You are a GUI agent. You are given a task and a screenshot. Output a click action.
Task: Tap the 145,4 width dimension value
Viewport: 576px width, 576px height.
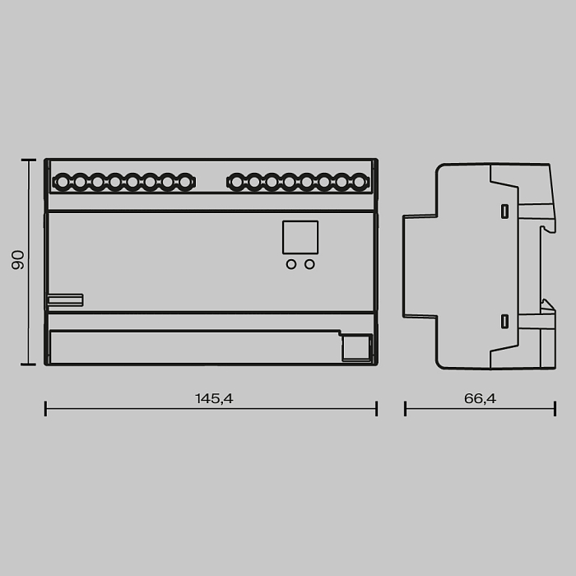tap(214, 398)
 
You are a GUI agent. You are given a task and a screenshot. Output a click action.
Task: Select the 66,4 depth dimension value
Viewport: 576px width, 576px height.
tap(480, 398)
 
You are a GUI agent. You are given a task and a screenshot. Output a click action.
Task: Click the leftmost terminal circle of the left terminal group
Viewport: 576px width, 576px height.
tap(63, 181)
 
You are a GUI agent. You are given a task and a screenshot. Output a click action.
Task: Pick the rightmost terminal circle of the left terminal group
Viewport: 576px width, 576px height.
tap(185, 181)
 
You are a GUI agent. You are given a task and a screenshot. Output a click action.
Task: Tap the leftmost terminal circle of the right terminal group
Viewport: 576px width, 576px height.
tap(237, 181)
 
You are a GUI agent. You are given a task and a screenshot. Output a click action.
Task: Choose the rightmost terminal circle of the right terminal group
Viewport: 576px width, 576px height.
tap(360, 181)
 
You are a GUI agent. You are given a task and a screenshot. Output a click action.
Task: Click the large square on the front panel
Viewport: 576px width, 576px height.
tap(300, 237)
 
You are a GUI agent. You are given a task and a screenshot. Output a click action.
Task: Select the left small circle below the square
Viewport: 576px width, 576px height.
tap(291, 264)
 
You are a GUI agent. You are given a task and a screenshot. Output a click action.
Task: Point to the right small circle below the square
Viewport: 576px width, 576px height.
tap(309, 264)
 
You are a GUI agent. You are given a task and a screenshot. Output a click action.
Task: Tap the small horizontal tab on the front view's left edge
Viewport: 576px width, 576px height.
tap(64, 300)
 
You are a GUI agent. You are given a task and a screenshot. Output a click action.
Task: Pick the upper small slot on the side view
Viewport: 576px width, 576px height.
tap(504, 211)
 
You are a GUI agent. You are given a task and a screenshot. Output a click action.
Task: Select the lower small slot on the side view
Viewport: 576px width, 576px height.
tap(504, 321)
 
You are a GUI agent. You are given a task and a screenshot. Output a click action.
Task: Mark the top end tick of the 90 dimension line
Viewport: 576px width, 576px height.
tap(29, 160)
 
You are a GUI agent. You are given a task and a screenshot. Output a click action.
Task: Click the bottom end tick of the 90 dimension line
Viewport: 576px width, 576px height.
tap(29, 365)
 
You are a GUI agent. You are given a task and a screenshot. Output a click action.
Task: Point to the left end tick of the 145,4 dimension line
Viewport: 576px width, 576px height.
tap(45, 408)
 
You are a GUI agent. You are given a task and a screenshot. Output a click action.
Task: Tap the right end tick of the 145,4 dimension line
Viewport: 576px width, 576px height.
tap(376, 408)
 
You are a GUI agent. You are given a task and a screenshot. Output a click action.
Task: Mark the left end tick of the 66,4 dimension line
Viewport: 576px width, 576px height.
tap(405, 408)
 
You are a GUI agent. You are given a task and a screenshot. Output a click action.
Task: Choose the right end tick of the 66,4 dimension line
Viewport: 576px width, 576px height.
tap(555, 408)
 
